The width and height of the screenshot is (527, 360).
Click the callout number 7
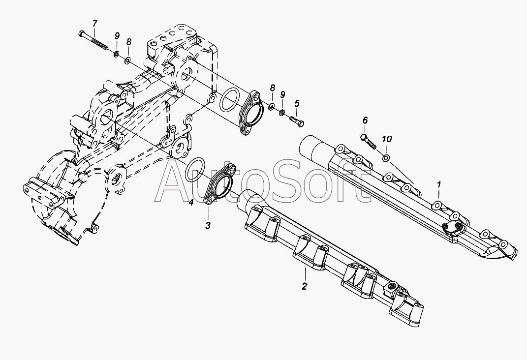[x=95, y=23]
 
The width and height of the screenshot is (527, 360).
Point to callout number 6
[x=365, y=120]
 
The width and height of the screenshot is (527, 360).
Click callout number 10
[x=388, y=140]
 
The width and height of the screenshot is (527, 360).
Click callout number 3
[x=208, y=226]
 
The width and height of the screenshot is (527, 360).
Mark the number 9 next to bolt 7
[x=117, y=35]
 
